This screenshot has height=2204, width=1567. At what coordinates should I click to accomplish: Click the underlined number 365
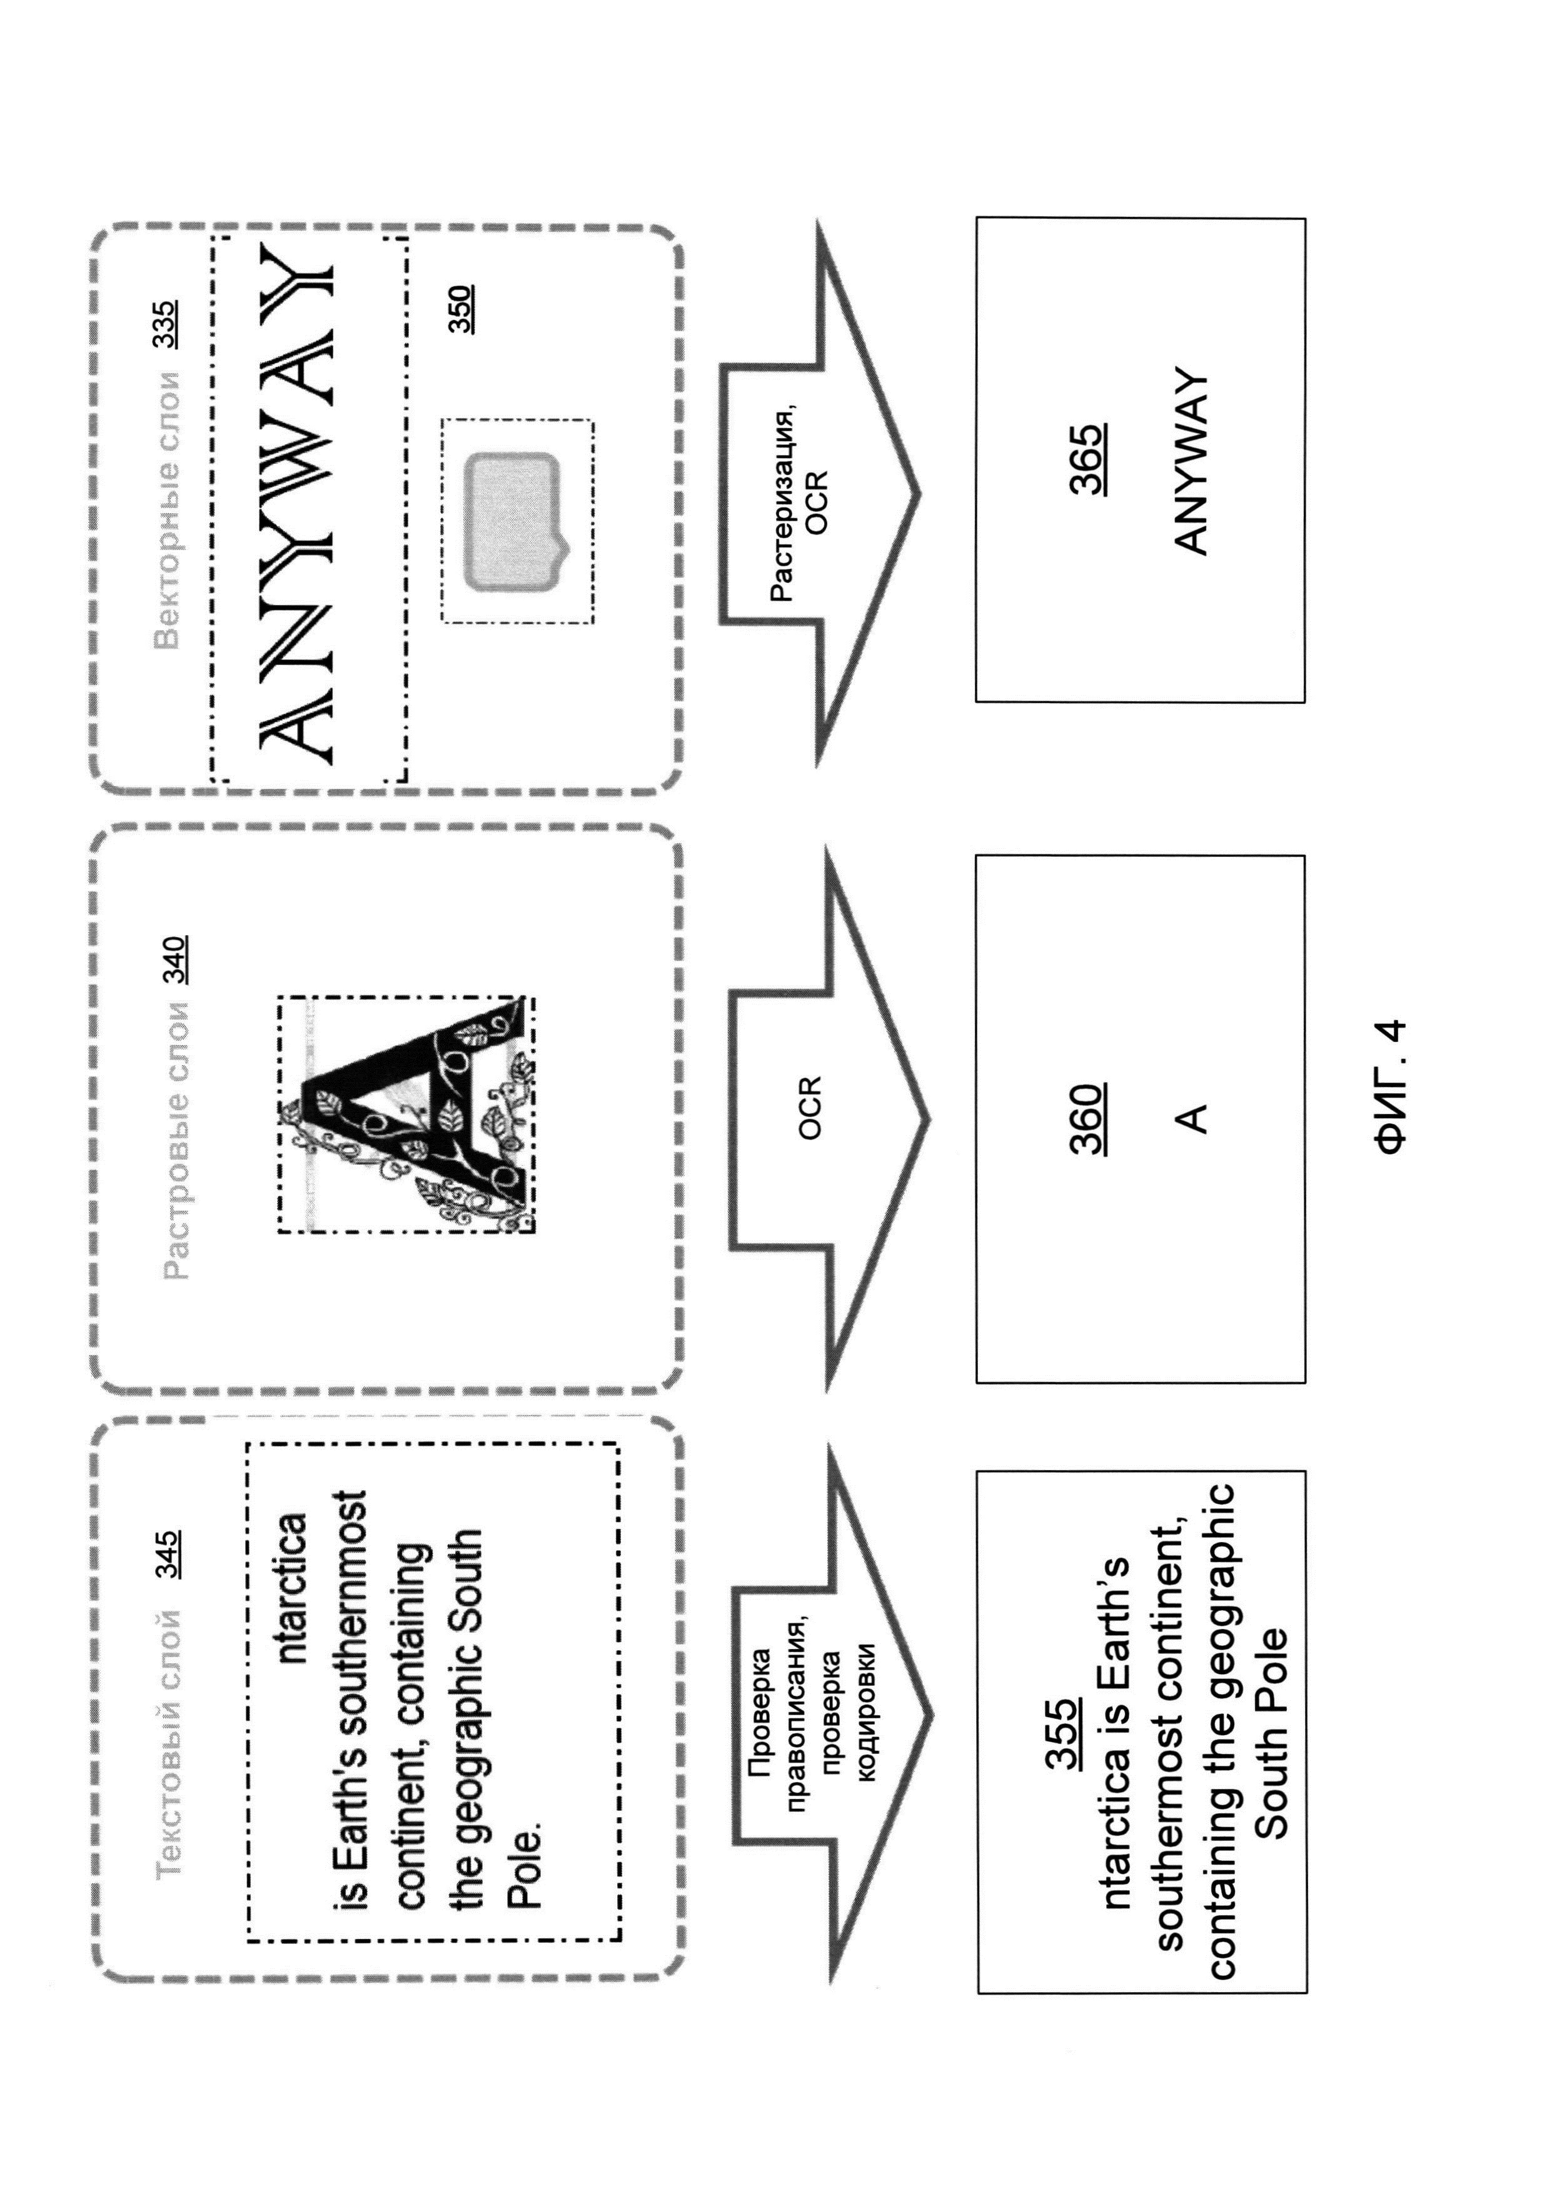click(x=1087, y=459)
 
